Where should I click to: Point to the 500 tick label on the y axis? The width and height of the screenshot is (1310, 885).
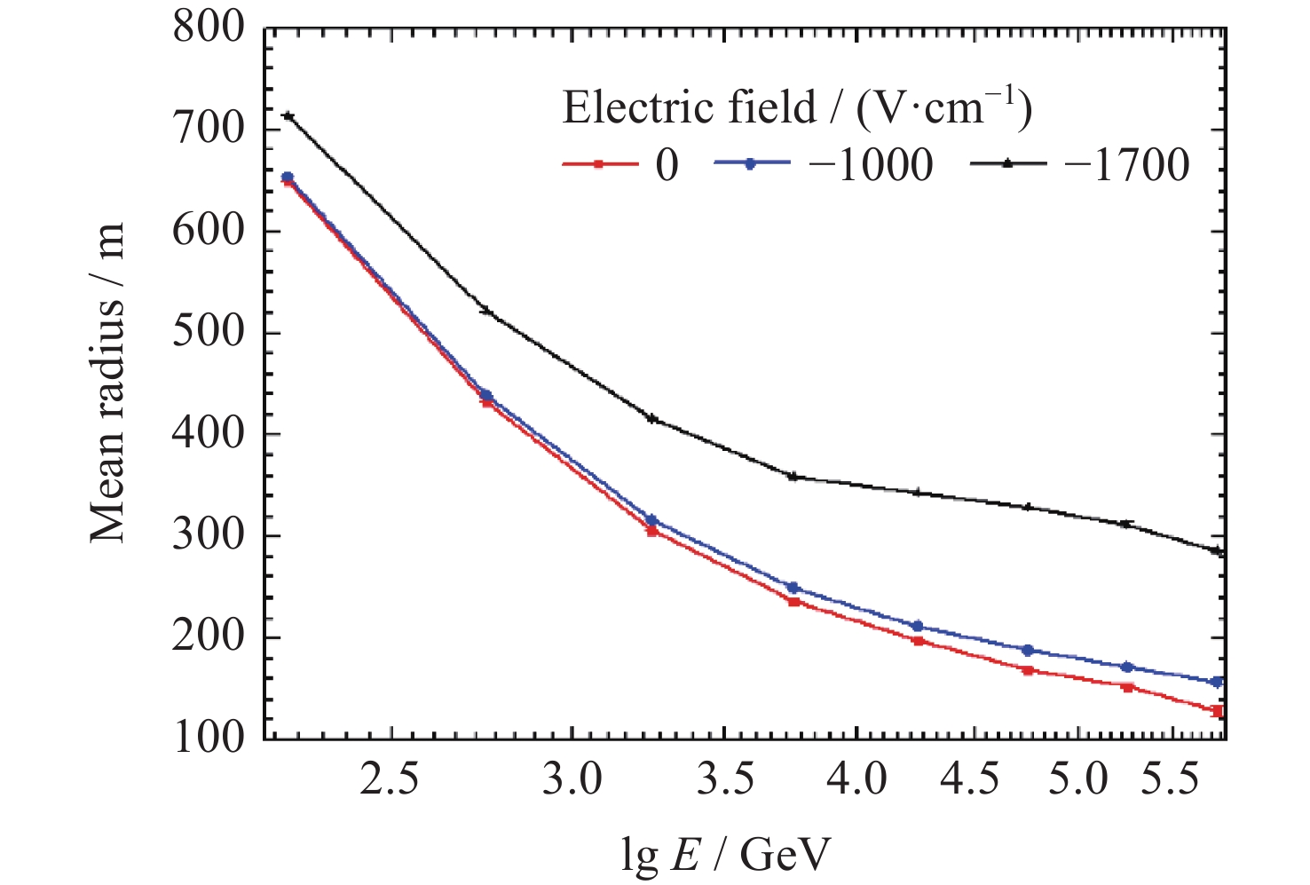pos(209,335)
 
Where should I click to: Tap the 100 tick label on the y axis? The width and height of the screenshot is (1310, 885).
pos(209,739)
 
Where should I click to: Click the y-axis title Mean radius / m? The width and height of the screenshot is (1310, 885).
pos(108,383)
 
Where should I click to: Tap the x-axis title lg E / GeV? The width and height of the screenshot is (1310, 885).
pos(726,855)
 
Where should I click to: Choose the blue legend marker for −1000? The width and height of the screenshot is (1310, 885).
pos(750,164)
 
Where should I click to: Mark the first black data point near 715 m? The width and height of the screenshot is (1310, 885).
pos(288,116)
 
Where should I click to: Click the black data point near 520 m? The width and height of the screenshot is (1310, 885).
pos(485,311)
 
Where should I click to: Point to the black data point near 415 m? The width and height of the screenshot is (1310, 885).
pos(652,418)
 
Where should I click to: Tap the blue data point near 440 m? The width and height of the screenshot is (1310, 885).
pos(485,395)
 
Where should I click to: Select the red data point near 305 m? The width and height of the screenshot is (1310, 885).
pos(652,531)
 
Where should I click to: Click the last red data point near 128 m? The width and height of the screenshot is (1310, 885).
pos(1218,711)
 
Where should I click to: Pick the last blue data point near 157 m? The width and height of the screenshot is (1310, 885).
pos(1218,682)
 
